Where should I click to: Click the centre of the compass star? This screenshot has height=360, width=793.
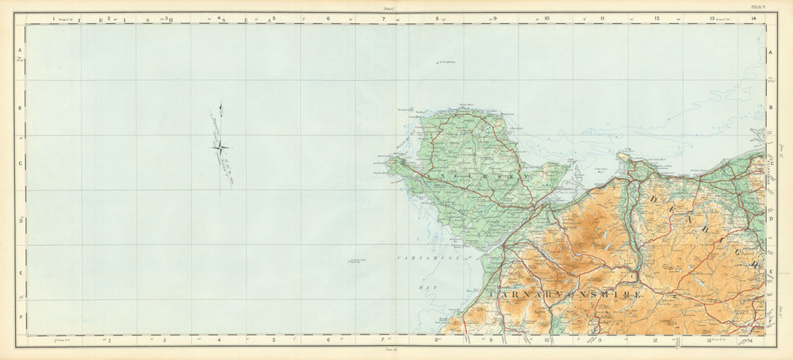[221, 146]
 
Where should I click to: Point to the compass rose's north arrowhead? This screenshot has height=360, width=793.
[220, 106]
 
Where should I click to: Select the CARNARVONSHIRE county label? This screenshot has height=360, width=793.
[567, 294]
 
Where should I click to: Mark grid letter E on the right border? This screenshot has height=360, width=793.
[770, 271]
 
